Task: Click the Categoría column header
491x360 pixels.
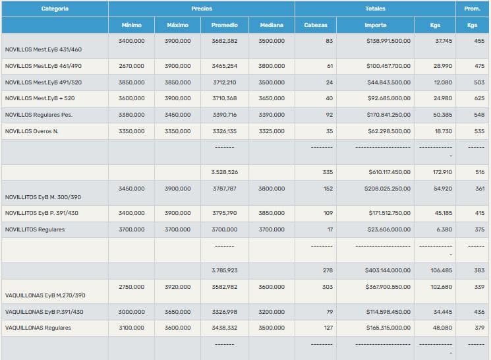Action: click(x=55, y=9)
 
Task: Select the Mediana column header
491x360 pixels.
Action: click(x=272, y=25)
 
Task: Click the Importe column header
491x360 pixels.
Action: click(x=376, y=25)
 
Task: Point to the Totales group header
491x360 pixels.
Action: click(x=375, y=9)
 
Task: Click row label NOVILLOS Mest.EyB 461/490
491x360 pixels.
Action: click(x=43, y=66)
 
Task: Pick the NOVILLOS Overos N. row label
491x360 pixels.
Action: click(x=32, y=131)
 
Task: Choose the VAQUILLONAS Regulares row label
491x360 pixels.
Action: click(x=38, y=328)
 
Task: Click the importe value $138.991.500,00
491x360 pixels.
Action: click(x=389, y=41)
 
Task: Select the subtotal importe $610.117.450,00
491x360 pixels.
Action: click(x=389, y=172)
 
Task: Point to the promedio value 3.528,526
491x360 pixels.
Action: click(x=225, y=172)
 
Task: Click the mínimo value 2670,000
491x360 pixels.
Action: click(x=132, y=66)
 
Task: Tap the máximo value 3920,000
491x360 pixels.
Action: click(x=178, y=287)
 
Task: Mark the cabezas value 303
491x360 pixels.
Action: click(x=328, y=287)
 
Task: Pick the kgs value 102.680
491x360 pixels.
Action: click(x=442, y=287)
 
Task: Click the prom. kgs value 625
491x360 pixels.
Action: click(x=479, y=98)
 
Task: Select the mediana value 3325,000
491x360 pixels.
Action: click(x=272, y=131)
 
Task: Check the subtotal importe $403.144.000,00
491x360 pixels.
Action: click(x=389, y=270)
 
